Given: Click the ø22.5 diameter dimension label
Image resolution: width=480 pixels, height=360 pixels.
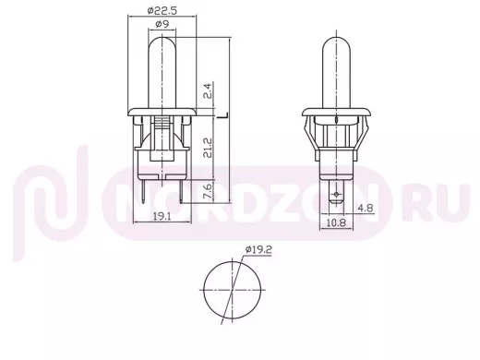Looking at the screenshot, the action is click(x=162, y=10).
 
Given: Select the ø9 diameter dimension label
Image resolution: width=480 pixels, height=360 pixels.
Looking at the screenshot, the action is click(x=162, y=24).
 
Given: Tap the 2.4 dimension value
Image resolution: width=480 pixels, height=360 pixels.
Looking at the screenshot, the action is click(x=208, y=90).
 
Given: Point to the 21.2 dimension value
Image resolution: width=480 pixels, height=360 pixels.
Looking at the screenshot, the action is click(x=208, y=148).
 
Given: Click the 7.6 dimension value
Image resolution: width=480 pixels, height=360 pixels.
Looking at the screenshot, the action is click(x=208, y=191).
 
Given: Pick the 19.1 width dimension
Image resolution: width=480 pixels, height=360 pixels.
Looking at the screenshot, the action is click(x=162, y=217).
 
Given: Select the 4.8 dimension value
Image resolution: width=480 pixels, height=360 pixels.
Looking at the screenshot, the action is click(x=366, y=209).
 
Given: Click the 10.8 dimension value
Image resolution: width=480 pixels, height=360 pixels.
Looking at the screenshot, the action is click(x=336, y=222).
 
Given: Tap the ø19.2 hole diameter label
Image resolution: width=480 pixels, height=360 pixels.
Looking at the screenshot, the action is click(x=258, y=249).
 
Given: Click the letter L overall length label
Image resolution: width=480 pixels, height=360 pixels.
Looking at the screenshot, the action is click(x=222, y=115).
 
